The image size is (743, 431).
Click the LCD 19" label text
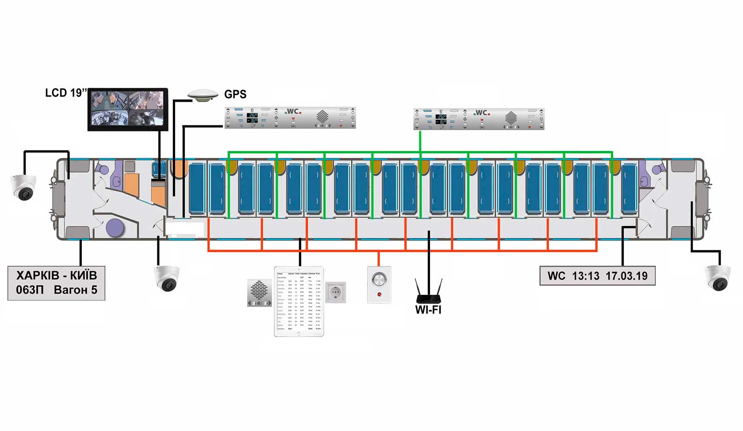point(65,93)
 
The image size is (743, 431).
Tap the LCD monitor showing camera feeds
point(128,109)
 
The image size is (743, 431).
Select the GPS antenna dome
point(203,95)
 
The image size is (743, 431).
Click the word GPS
point(235,94)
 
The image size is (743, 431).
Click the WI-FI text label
point(428,310)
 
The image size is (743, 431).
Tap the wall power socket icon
point(335,293)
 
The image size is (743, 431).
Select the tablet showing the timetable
point(299,301)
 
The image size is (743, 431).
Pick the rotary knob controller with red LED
point(379,284)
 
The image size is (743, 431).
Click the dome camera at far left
point(24,187)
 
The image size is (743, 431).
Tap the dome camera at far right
point(718,277)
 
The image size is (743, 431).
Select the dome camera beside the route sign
point(167,278)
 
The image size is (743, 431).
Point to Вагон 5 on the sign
point(75,290)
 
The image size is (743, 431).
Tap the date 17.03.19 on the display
point(626,276)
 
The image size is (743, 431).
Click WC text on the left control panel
point(293,111)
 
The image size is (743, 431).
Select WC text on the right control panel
point(482,113)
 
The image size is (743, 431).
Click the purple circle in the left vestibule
point(115,228)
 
